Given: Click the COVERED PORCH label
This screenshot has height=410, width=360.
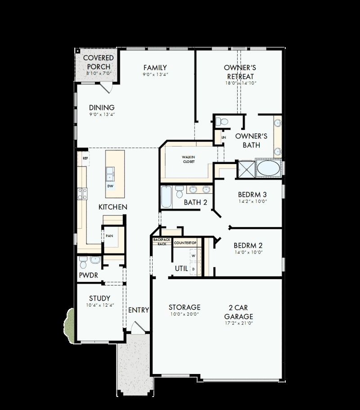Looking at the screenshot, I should (x=98, y=62).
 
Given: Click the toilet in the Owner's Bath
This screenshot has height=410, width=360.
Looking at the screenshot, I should (x=220, y=121).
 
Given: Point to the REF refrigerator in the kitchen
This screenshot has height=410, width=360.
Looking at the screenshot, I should (x=85, y=158).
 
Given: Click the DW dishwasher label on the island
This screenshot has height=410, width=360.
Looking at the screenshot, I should (x=110, y=186).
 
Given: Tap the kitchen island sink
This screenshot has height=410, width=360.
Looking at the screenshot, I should (x=110, y=173).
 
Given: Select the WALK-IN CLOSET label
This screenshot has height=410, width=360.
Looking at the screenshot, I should (x=189, y=159).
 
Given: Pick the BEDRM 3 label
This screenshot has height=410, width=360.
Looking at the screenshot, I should (x=252, y=195).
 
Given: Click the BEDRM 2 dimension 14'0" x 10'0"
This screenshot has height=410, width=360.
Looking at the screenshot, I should (x=248, y=253).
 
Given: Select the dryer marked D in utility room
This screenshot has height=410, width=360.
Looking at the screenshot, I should (x=193, y=269).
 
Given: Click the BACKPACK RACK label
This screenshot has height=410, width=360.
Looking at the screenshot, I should (x=162, y=241).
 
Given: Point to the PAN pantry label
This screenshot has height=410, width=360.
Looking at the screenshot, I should (x=109, y=236).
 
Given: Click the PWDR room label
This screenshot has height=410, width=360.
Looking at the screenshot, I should (x=88, y=275).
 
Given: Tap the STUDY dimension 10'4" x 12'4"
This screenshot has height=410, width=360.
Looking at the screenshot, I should (x=99, y=305).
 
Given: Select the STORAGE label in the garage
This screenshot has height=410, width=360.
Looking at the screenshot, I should (x=184, y=307).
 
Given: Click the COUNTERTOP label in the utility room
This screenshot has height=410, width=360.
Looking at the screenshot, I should (x=185, y=243).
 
